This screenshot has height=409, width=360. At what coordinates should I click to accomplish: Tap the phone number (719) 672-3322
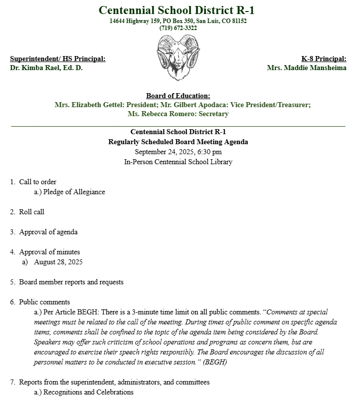[x=178, y=28]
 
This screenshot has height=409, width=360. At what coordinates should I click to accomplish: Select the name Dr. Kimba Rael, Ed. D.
[x=46, y=68]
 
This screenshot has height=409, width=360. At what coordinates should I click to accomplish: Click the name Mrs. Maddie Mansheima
[x=306, y=68]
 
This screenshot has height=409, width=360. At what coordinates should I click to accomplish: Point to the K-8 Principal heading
[x=323, y=59]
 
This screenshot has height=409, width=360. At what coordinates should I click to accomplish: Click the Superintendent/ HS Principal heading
[x=58, y=59]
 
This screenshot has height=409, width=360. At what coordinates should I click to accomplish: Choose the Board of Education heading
[x=178, y=96]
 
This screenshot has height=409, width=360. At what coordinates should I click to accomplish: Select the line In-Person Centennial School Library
[x=178, y=162]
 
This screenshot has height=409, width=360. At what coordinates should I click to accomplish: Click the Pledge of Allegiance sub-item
[x=74, y=192]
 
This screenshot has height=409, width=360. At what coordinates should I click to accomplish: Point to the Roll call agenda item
[x=32, y=212]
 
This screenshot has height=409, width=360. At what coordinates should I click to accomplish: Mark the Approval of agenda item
[x=48, y=232]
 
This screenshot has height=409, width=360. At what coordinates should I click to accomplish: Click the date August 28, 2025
[x=58, y=262]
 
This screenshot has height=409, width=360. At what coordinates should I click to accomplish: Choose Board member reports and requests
[x=71, y=282]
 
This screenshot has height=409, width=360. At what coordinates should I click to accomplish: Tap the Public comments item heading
[x=44, y=302]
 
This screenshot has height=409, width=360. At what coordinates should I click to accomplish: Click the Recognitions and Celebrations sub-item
[x=88, y=392]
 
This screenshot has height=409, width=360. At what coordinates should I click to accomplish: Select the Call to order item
[x=38, y=182]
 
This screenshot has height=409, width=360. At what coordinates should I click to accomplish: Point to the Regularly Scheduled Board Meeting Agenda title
[x=178, y=142]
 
